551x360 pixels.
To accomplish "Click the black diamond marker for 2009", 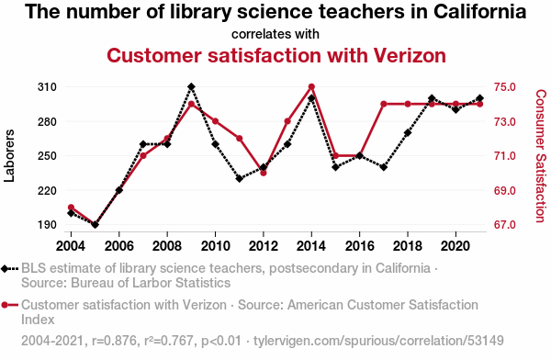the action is point(191,86).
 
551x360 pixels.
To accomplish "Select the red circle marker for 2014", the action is point(311,86).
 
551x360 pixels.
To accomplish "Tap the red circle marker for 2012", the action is point(264,173).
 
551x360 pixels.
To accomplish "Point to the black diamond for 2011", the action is point(240,178).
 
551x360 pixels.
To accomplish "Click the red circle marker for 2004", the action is point(71,208).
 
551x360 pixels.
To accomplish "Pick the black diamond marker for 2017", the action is point(384,167).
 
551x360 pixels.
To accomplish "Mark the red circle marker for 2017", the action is point(384,104).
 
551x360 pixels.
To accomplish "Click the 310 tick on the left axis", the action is point(47,87).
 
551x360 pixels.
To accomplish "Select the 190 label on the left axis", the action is point(47,225).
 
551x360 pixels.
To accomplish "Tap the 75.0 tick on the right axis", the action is point(505,87).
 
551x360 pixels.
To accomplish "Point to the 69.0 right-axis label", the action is point(505,190).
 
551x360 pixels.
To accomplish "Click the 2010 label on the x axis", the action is point(215,246).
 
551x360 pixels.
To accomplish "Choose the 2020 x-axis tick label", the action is point(455,246).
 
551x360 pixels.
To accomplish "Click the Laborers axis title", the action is point(9,156).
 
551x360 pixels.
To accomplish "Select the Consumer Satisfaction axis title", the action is point(541,156).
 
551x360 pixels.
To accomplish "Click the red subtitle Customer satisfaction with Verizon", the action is point(276,55).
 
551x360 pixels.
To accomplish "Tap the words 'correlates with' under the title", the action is point(275,34).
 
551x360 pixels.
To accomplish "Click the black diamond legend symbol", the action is point(9,269).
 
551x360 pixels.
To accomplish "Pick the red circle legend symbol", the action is point(9,305).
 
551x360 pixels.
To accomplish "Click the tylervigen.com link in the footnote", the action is point(378,341).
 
